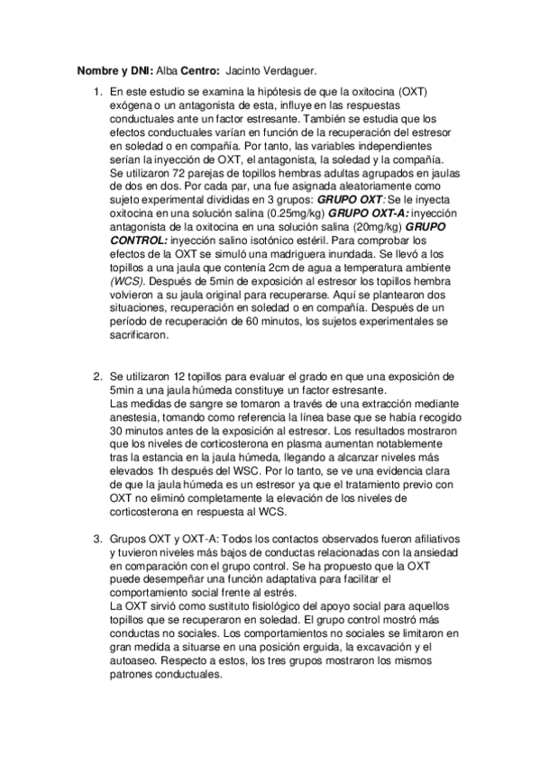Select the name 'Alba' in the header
tap(167, 69)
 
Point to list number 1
tap(98, 93)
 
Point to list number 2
tap(98, 376)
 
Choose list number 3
tap(98, 539)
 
